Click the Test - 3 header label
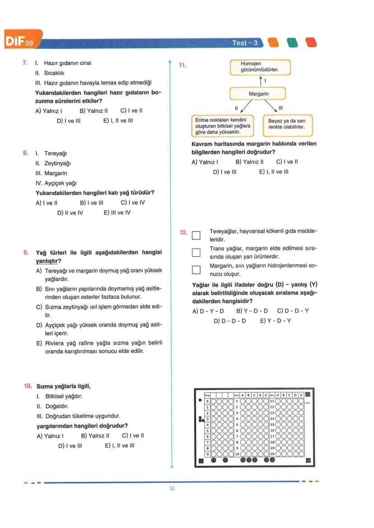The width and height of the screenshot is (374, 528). (244, 43)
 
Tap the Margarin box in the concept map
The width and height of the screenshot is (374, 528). (258, 93)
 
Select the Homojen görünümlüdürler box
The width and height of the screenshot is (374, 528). (260, 67)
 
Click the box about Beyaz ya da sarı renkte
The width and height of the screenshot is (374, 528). (287, 124)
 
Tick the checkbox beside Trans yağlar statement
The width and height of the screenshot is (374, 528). (196, 253)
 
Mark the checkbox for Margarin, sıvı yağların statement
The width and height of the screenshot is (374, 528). (196, 270)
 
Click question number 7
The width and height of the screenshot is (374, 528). (26, 63)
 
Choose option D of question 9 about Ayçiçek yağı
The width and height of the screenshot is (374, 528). (98, 329)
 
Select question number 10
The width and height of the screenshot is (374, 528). (28, 387)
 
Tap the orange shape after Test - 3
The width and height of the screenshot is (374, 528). (273, 42)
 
